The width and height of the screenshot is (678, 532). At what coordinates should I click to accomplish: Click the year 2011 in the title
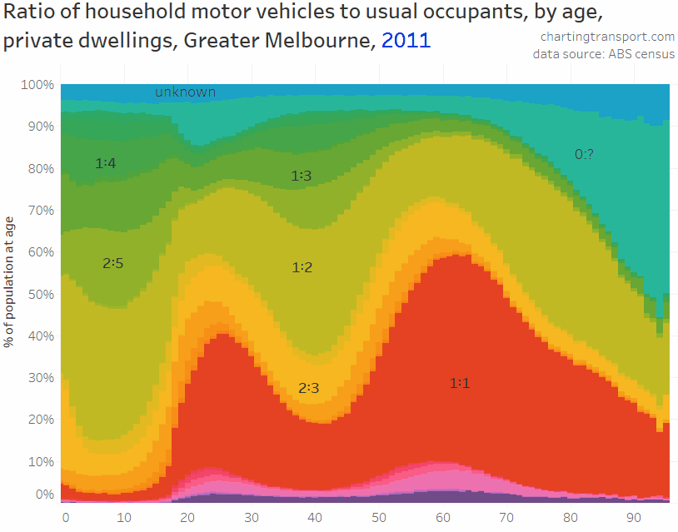[x=406, y=41]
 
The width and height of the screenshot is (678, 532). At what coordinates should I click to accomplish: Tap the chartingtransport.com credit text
[x=607, y=37]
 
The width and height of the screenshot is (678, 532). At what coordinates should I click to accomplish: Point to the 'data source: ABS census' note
[x=604, y=55]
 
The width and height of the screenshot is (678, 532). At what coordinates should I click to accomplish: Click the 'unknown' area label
[x=185, y=92]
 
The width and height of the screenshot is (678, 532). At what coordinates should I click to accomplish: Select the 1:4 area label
[x=106, y=163]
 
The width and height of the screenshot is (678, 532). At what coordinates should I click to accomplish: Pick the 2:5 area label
[x=113, y=263]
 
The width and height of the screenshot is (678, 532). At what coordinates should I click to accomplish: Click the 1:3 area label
[x=301, y=176]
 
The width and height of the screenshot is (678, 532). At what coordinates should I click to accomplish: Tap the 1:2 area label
[x=302, y=267]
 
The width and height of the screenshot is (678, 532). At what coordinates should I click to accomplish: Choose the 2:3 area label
[x=308, y=388]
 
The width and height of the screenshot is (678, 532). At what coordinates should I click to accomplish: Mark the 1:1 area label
[x=460, y=383]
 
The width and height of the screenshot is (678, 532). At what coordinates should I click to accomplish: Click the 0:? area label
[x=586, y=153]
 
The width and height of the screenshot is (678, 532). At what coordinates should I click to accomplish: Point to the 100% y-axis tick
[x=37, y=85]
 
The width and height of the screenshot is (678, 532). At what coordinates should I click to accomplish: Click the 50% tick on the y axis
[x=40, y=294]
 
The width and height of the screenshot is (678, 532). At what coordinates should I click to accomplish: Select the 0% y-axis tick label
[x=44, y=495]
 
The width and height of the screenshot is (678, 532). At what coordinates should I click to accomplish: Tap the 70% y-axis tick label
[x=40, y=210]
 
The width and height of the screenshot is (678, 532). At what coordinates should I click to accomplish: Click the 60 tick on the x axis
[x=442, y=516]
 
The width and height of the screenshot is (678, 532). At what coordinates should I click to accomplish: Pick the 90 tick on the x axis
[x=634, y=516]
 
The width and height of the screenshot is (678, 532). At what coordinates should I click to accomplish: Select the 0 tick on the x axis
[x=66, y=516]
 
